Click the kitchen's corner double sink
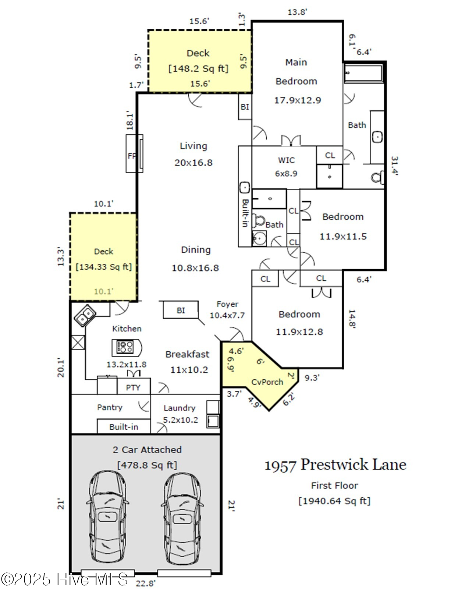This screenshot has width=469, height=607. [x=85, y=316]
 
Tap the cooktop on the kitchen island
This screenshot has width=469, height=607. [x=125, y=347]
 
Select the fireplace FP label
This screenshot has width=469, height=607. [x=132, y=156]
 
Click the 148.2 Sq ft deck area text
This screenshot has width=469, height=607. [x=198, y=68]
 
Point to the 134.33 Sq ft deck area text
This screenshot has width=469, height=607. [x=104, y=267]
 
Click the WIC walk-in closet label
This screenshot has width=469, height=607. [x=286, y=160]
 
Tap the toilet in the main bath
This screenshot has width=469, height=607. [x=378, y=177]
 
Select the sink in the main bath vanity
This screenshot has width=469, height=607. [x=377, y=137]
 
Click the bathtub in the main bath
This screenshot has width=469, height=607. [x=364, y=74]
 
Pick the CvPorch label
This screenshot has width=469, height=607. [x=267, y=382]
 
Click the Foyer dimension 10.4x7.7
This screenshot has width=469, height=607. [x=227, y=315]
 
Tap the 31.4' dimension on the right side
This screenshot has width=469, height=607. [x=394, y=166]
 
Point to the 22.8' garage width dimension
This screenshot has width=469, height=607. [x=146, y=583]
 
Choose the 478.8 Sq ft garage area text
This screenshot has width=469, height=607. [x=147, y=465]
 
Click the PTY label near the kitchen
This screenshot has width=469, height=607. [x=133, y=387]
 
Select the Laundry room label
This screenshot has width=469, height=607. [x=180, y=408]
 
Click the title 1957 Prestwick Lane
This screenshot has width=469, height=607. [x=335, y=465]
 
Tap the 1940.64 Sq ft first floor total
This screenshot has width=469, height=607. [x=334, y=501]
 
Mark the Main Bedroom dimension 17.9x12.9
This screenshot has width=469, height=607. [x=298, y=100]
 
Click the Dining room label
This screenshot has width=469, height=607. [x=196, y=250]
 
